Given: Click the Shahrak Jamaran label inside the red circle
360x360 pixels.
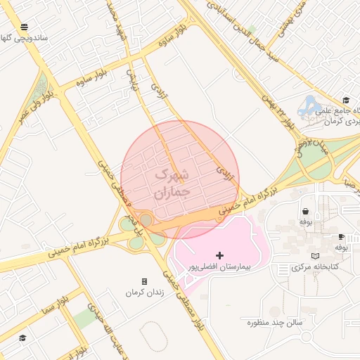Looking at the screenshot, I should tap(172, 182).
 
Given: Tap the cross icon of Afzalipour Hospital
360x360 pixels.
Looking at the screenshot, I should tap(219, 255).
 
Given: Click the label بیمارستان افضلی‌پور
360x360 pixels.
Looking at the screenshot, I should tap(219, 268).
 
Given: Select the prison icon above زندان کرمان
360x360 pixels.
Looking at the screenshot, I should tap(144, 281).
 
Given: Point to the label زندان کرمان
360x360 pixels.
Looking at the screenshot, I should tap(145, 292).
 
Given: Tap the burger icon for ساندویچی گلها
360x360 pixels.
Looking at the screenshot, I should tap(25, 27).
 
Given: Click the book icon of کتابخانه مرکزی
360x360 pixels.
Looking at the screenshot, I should tap(315, 256).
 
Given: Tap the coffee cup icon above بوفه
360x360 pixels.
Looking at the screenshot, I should tap(341, 236).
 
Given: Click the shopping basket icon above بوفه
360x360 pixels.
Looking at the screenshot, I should tap(305, 210).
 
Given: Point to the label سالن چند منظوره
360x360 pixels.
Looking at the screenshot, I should tap(274, 322).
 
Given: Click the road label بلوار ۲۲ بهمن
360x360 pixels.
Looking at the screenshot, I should tap(278, 112).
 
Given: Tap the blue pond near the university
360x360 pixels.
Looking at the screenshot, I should tap(307, 109).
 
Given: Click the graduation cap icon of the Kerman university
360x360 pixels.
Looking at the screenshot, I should tap(345, 100).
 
